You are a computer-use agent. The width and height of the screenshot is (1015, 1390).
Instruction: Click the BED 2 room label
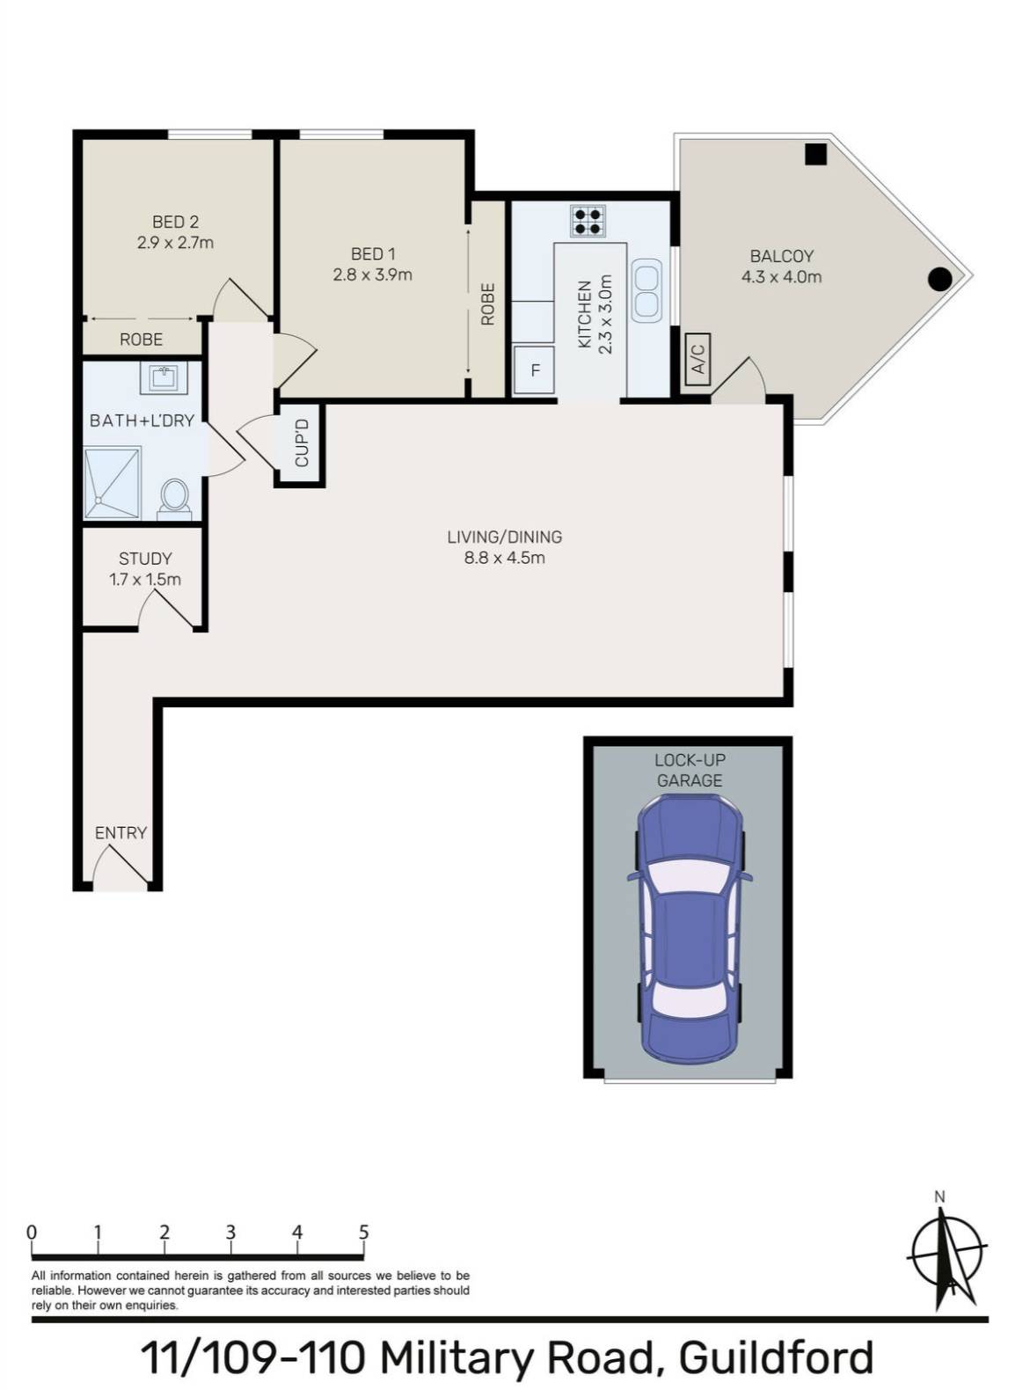[175, 222]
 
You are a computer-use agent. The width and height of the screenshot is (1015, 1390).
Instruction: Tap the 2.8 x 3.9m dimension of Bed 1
[372, 274]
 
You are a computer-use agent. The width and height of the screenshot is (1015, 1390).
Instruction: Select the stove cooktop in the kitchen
[587, 220]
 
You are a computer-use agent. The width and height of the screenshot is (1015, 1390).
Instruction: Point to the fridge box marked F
[534, 370]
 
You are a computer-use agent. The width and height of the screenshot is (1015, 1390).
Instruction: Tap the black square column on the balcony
[815, 155]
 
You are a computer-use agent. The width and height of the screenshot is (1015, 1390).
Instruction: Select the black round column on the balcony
[940, 280]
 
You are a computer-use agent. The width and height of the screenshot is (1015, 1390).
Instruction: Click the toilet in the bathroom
[173, 497]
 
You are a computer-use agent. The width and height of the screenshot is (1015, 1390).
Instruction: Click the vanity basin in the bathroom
[162, 379]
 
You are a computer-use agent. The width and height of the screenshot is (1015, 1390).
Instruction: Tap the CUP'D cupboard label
[302, 443]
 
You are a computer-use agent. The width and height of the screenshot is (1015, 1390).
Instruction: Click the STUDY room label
[145, 559]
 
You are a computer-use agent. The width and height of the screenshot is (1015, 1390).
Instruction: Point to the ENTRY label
[120, 832]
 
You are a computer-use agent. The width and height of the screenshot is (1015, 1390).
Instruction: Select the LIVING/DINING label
[504, 537]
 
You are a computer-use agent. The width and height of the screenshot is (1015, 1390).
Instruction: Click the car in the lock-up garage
[690, 928]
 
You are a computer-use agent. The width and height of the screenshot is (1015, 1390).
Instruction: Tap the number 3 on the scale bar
[230, 1232]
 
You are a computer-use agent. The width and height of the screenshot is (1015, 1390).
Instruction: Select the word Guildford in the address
[776, 1357]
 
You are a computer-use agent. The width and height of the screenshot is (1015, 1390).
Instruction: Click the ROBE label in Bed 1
[488, 304]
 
